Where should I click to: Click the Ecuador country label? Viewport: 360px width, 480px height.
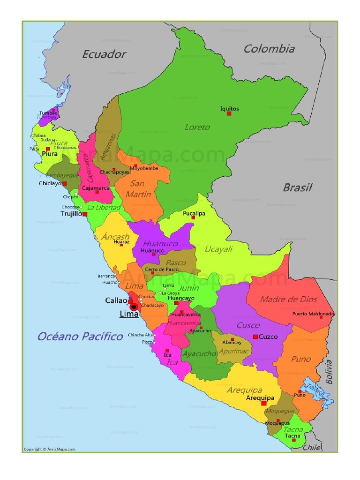tap(104, 54)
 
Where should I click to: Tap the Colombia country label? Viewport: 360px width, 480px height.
tap(269, 49)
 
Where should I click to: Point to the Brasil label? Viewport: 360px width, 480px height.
tap(297, 187)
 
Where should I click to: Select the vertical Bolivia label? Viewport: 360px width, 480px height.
tap(329, 371)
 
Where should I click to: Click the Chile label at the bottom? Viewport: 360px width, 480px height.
tap(311, 448)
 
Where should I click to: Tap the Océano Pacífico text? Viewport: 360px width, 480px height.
tap(80, 336)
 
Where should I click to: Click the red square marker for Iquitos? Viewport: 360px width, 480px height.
tap(229, 113)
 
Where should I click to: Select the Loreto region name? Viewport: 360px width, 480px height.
tap(197, 127)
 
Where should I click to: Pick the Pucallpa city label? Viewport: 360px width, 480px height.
tap(194, 213)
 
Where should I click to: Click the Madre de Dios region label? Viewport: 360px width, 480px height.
tap(289, 299)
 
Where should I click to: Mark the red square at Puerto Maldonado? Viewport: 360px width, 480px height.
tap(322, 317)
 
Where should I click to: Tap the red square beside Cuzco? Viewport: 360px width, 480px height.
tap(255, 337)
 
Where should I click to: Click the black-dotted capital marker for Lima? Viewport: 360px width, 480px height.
tap(134, 307)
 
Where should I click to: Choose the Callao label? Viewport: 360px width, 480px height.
tap(116, 300)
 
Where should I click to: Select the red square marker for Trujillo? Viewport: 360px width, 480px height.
tap(85, 214)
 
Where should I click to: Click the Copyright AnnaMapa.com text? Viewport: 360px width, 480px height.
tap(50, 449)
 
